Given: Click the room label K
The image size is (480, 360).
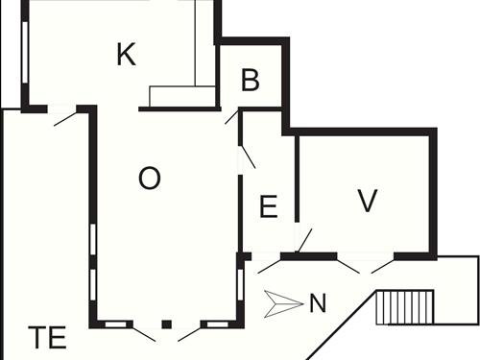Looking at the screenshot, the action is click(x=125, y=55).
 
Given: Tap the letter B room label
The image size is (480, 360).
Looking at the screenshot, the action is click(x=251, y=82).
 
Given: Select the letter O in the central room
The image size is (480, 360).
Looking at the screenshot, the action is click(x=149, y=179).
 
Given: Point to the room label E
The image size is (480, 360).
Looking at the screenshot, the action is click(x=269, y=205).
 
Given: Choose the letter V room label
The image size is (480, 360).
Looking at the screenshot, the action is click(x=367, y=201).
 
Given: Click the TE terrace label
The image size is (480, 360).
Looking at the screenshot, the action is click(x=46, y=338).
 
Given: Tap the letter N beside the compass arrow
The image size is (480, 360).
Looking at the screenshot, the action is click(x=318, y=305).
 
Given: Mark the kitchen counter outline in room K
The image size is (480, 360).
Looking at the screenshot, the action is click(x=183, y=97).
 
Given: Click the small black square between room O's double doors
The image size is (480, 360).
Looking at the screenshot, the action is click(x=166, y=325).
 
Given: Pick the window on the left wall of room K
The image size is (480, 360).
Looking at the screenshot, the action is click(x=24, y=53).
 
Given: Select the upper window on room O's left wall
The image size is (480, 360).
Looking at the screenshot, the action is click(x=92, y=240).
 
